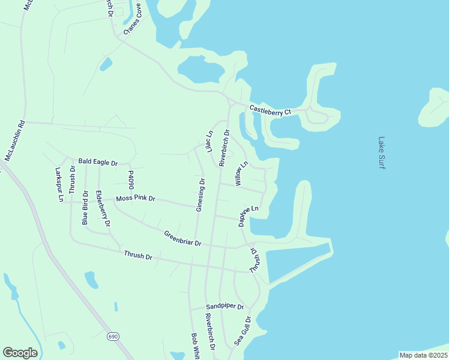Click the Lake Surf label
(x=381, y=153)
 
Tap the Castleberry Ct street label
(x=270, y=111)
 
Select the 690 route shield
(x=113, y=337)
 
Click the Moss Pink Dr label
(x=136, y=198)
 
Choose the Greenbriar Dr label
(x=182, y=238)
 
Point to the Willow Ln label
(x=242, y=173)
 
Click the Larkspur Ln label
(x=59, y=185)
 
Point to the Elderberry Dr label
(x=103, y=208)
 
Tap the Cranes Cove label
(x=133, y=19)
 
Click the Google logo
(x=20, y=353)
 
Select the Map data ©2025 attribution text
(x=423, y=355)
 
